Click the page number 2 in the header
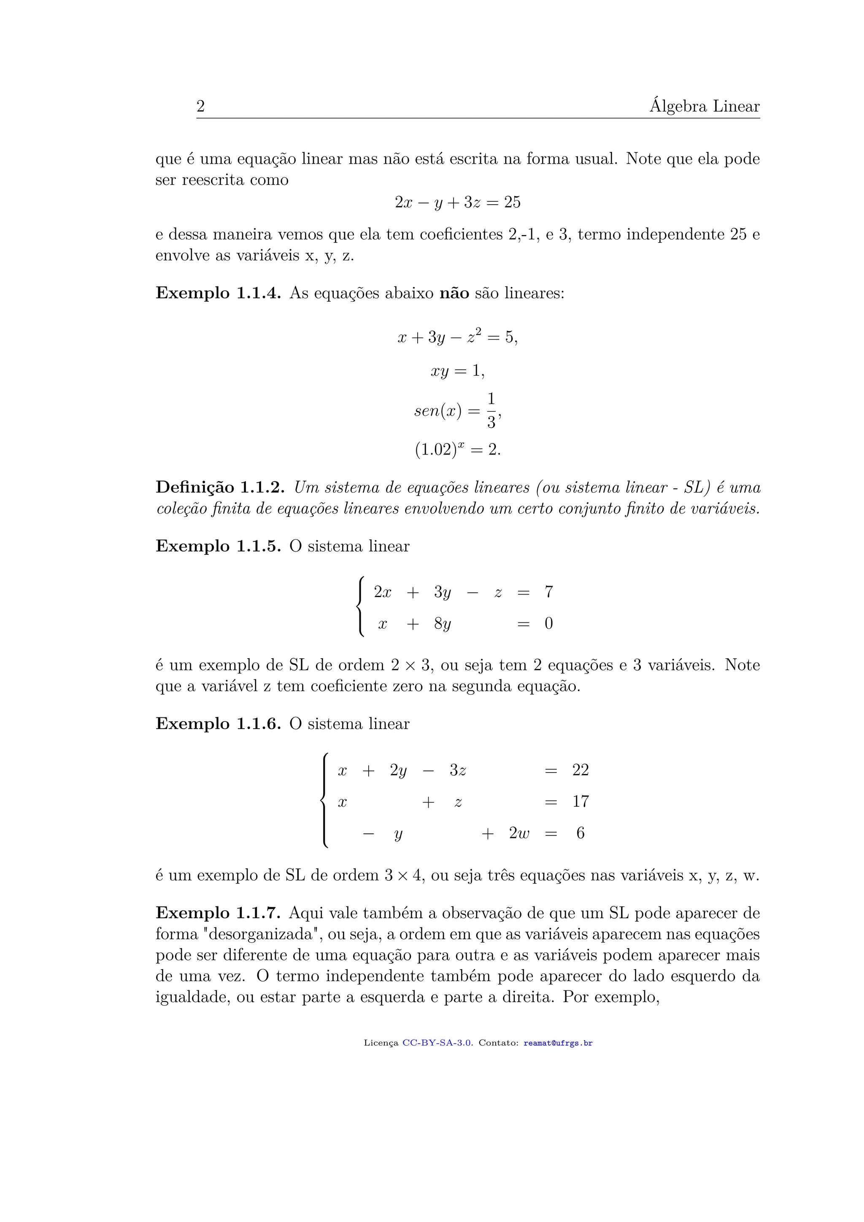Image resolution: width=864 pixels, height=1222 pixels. pos(200,106)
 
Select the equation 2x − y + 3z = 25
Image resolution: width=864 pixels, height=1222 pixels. pos(458,202)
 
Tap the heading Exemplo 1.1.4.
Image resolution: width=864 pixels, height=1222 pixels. pos(218,293)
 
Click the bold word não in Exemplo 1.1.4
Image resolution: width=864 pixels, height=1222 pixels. pos(454,293)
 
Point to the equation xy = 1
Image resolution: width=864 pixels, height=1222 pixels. pos(458,370)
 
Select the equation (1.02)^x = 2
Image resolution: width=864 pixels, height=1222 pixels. pos(458,450)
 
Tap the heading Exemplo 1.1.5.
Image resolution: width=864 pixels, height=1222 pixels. pos(218,546)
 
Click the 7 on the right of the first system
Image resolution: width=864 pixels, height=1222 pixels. pos(548,592)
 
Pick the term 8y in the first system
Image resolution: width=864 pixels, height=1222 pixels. pos(442,623)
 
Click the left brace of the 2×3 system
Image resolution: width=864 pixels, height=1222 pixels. pos(361,606)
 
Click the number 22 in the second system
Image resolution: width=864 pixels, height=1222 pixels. pos(580,770)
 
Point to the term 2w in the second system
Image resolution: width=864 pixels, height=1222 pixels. pos(519,833)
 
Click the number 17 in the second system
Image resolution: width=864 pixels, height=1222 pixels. pos(580,802)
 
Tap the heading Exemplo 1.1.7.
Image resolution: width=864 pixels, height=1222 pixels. pos(218,913)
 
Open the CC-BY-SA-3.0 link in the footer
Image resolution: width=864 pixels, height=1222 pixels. pos(437,1043)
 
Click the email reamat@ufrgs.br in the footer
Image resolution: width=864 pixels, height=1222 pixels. pos(558,1043)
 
